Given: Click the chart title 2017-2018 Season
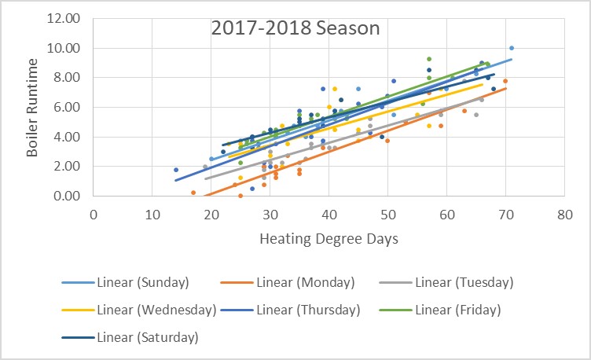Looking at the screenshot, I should [x=295, y=29].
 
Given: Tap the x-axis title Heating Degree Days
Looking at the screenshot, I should [x=329, y=237].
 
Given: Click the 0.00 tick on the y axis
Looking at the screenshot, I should [x=72, y=196].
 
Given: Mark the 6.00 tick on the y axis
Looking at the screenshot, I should [x=72, y=107].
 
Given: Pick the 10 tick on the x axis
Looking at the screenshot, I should [x=152, y=212].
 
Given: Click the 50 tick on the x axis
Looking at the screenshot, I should [x=387, y=212].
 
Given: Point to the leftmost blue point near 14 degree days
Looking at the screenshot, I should [x=176, y=170].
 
